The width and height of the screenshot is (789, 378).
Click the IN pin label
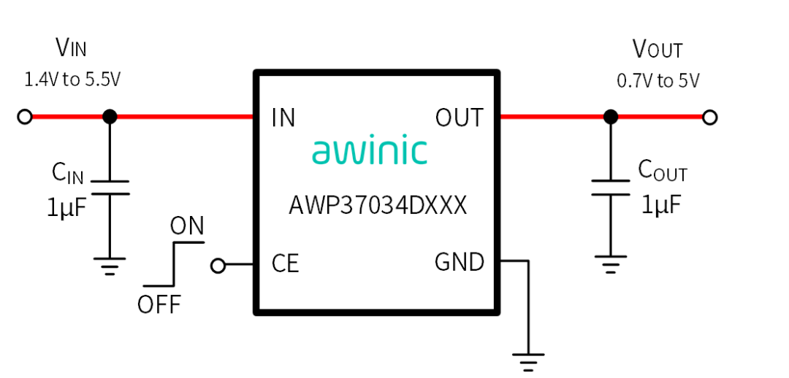[x=283, y=117]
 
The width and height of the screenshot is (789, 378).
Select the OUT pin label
[x=460, y=117]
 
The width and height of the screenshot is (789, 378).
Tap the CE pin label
[x=286, y=263]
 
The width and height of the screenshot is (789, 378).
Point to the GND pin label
[x=460, y=262]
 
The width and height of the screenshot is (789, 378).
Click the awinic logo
[x=370, y=151]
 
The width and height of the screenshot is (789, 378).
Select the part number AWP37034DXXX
[x=378, y=206]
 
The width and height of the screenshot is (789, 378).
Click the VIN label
[x=71, y=48]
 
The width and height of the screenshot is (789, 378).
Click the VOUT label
[x=657, y=50]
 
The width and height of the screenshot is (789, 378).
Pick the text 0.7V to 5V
[x=658, y=80]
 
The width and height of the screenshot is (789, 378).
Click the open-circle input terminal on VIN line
[x=24, y=117]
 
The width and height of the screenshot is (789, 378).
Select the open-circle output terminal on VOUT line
[x=709, y=117]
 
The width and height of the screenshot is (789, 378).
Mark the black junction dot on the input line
[x=110, y=117]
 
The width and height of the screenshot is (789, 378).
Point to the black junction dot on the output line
[x=611, y=117]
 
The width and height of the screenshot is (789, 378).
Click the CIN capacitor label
[x=67, y=174]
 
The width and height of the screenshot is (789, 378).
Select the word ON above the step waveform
[x=187, y=227]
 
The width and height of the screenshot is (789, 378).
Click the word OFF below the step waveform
[x=159, y=304]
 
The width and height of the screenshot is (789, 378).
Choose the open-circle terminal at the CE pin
[x=218, y=266]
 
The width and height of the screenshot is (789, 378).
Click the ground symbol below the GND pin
[x=528, y=362]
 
